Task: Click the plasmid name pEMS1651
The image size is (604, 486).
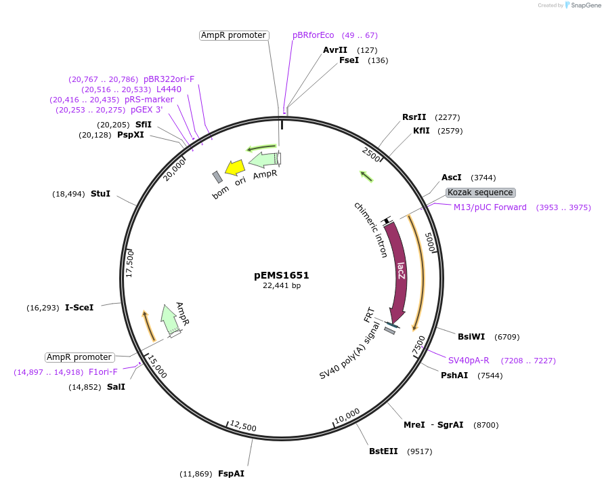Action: click(x=282, y=275)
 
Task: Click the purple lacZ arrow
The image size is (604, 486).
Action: click(x=400, y=271)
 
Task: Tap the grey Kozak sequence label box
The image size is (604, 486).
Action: click(x=481, y=193)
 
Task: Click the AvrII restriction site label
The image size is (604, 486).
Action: click(x=335, y=49)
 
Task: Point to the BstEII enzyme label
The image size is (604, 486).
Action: click(x=383, y=451)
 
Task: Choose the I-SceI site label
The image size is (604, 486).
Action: click(x=79, y=307)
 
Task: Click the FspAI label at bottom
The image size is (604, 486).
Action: click(x=231, y=473)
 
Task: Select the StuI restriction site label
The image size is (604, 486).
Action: click(x=100, y=193)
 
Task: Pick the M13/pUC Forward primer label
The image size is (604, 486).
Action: click(x=490, y=207)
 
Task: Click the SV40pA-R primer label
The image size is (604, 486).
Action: click(x=469, y=360)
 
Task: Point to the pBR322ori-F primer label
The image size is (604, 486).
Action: click(x=169, y=79)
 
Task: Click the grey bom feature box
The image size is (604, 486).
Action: click(x=217, y=177)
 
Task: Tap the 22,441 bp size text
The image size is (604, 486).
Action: click(x=282, y=286)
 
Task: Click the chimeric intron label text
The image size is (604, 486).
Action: click(x=371, y=230)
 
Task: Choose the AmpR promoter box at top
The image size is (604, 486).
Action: click(x=234, y=35)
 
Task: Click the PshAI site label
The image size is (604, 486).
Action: click(x=454, y=375)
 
